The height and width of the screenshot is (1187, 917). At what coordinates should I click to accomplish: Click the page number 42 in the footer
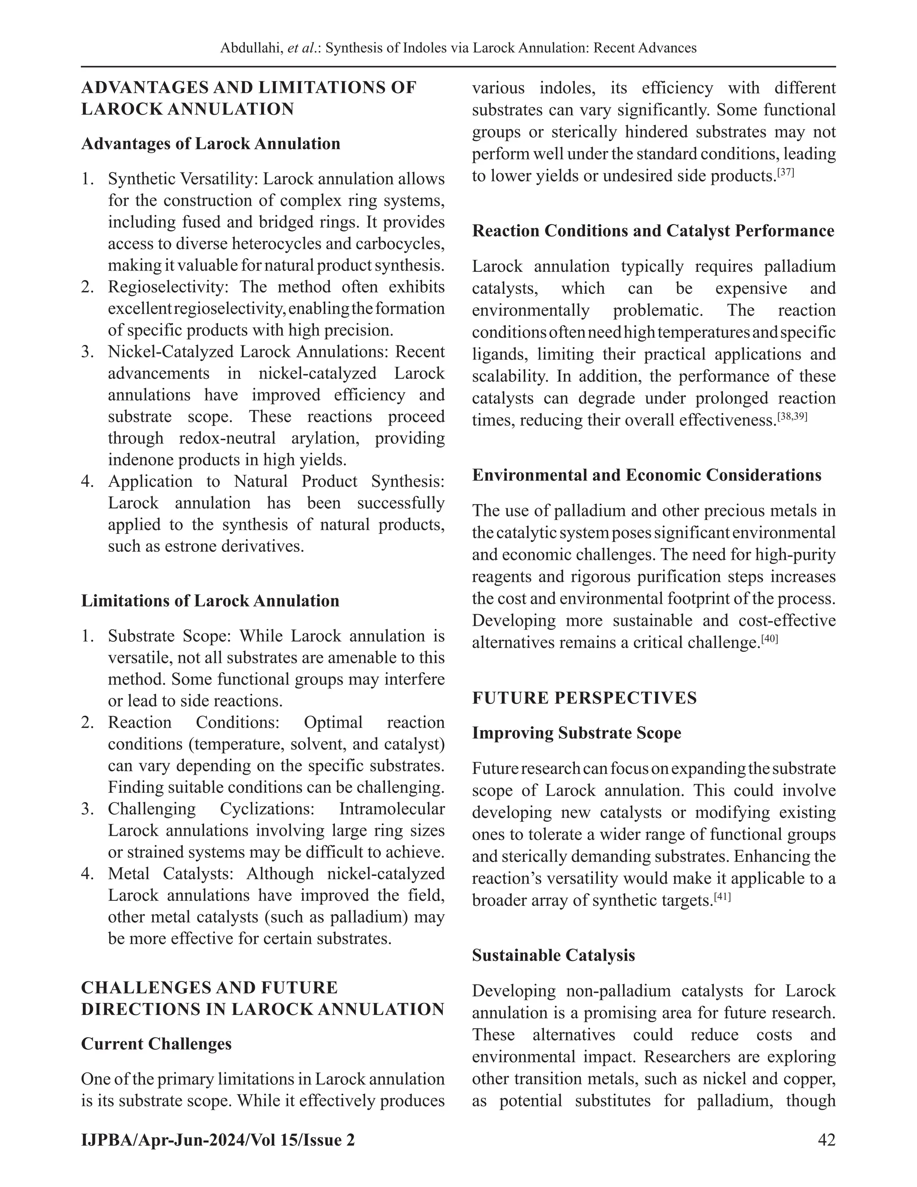coord(826,1140)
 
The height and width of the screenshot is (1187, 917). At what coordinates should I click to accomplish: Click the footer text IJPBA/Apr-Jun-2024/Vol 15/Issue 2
coord(218,1140)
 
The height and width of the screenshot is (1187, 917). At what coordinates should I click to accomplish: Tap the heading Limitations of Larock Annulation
coord(210,601)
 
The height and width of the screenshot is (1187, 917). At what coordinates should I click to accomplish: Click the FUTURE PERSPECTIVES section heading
coord(584,698)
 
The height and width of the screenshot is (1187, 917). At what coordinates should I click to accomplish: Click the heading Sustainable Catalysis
coord(553,955)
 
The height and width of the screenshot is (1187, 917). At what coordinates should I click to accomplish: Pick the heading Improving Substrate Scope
coord(576,733)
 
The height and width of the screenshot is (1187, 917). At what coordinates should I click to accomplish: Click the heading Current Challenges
coord(156,1044)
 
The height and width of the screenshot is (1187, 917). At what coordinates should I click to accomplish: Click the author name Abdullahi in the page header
coord(244,48)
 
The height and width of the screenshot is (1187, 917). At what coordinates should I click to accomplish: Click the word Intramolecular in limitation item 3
coord(392,809)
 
